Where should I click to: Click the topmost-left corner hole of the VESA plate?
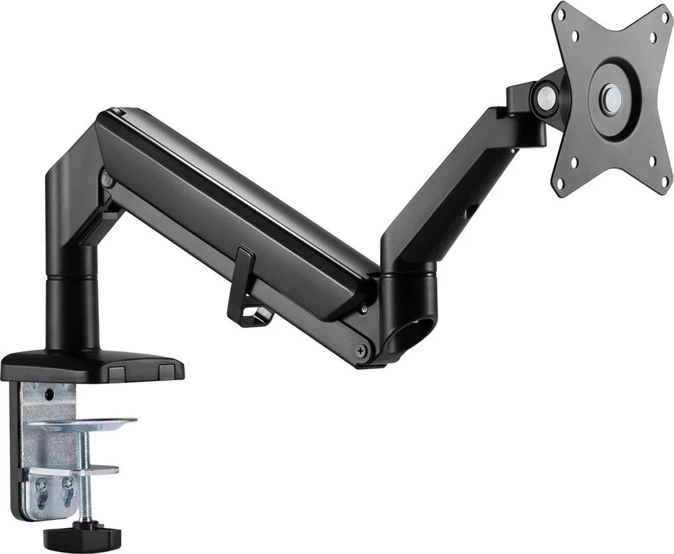[x=575, y=35]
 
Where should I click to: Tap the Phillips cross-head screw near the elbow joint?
[x=361, y=349]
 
